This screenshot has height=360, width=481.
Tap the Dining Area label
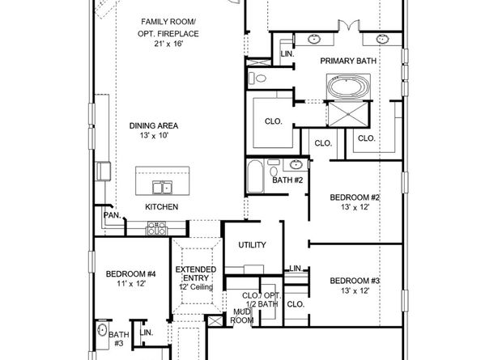coord(153,125)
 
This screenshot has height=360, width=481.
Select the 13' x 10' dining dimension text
coord(153,137)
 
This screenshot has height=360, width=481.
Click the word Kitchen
coord(161,207)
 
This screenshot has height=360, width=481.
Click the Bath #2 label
coord(287,180)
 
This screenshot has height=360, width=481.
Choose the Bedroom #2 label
coord(355,197)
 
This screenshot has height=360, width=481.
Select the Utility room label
coord(252,245)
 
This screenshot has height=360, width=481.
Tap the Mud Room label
coord(241,315)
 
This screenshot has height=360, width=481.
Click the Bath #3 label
coord(119,338)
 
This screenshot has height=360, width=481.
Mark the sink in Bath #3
coord(101,331)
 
